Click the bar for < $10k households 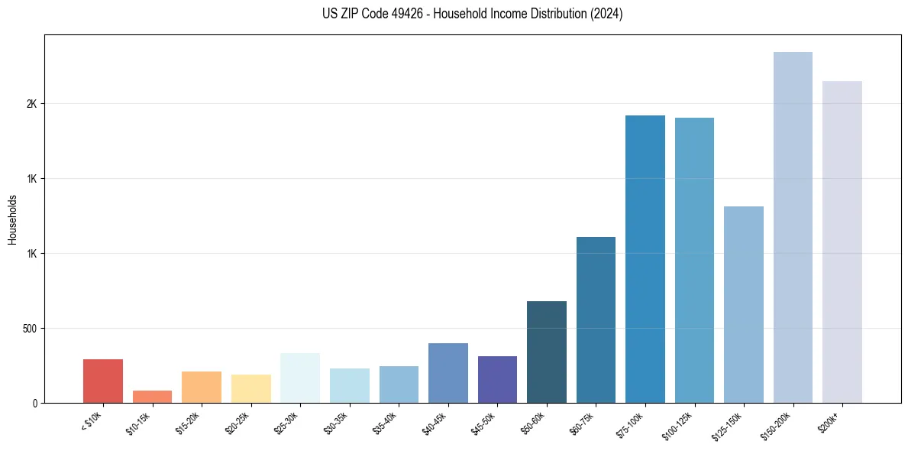click(x=103, y=381)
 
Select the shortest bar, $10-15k click(x=152, y=397)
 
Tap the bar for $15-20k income click(x=202, y=387)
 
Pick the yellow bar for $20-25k click(x=250, y=388)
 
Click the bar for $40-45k click(x=448, y=373)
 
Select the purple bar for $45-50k click(x=497, y=379)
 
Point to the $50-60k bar click(x=547, y=352)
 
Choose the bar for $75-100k click(x=645, y=259)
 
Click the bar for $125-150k click(x=744, y=304)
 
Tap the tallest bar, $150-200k click(x=793, y=227)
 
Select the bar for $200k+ click(x=842, y=242)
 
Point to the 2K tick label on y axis click(x=31, y=104)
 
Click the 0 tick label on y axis click(x=35, y=403)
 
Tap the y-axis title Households click(x=12, y=219)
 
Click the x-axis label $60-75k click(x=583, y=423)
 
